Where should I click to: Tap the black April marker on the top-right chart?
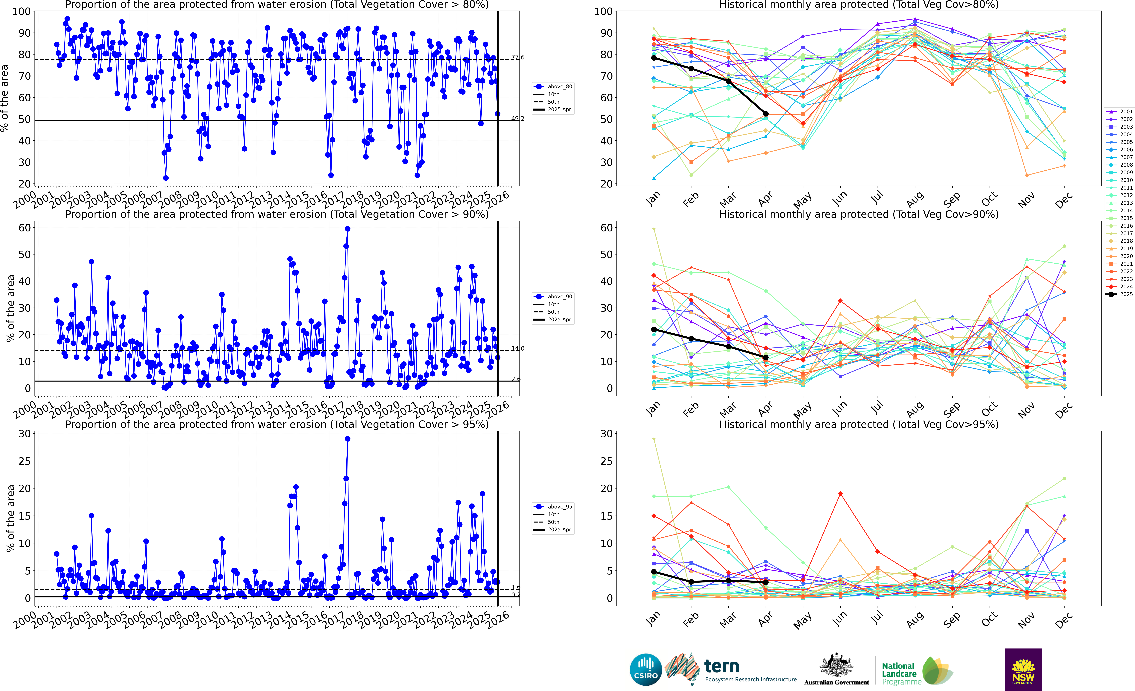point(766,114)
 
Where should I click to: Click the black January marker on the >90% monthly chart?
point(654,329)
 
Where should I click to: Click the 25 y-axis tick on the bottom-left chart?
point(25,461)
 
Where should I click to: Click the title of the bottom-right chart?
point(859,424)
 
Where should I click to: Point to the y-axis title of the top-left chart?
point(5,98)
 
